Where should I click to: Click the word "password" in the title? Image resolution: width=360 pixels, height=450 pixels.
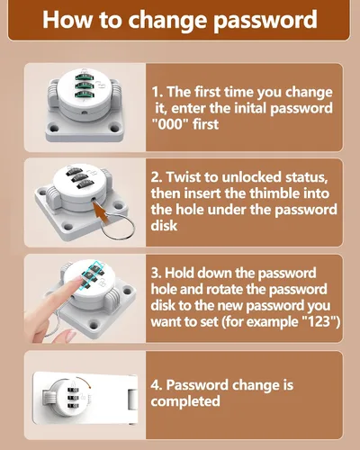coord(265,21)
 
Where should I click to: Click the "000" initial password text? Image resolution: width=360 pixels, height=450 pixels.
coord(170,123)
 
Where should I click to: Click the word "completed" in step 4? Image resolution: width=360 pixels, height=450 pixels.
coord(185,401)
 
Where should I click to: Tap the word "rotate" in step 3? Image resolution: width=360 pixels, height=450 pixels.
coord(224,289)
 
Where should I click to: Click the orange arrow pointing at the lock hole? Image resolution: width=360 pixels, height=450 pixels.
coord(103,211)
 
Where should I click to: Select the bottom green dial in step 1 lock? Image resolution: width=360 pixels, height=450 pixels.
coord(84,94)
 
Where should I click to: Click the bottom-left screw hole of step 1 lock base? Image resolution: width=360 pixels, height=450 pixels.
coord(54,129)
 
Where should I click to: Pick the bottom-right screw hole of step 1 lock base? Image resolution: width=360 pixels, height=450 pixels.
coord(115,129)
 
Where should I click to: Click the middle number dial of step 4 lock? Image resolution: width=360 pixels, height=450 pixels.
coord(73,398)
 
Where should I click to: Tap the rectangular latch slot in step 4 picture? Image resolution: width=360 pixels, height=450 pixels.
coord(132,400)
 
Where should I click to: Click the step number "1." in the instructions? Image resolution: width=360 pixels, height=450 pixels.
coord(157,92)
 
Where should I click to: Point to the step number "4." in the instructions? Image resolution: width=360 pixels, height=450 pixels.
coord(157,385)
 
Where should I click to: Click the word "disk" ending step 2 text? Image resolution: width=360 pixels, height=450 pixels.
coord(164,225)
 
